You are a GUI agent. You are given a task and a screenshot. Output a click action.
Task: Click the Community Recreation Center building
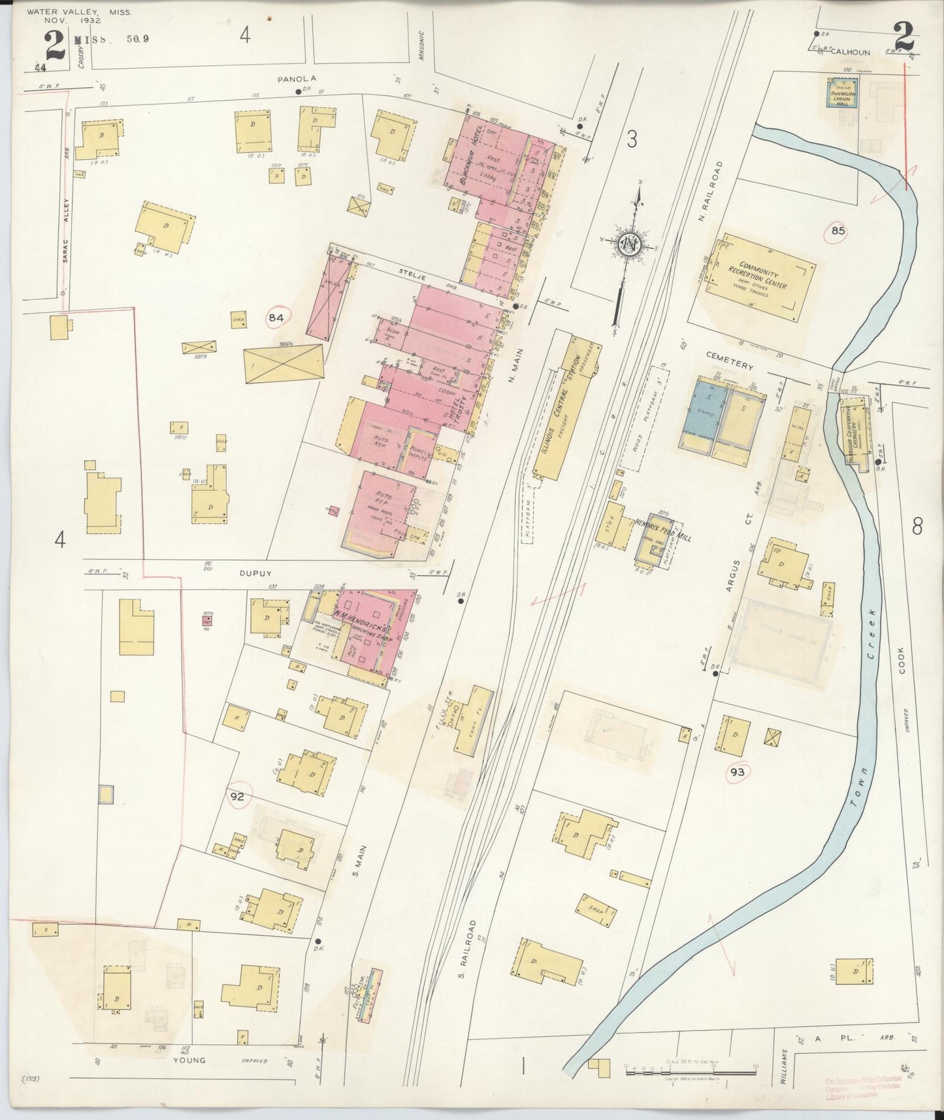[x=758, y=279]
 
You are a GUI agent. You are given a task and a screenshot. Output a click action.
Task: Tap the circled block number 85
[x=838, y=231]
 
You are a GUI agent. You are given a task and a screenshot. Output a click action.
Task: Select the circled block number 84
[x=277, y=318]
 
